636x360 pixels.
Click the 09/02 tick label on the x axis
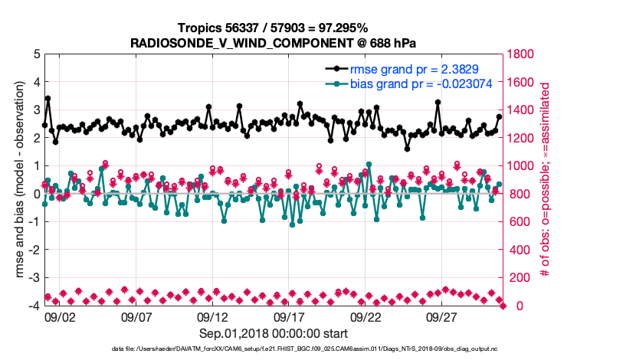(x=60, y=316)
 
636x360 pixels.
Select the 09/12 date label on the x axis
(x=213, y=316)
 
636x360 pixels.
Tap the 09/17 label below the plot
(x=290, y=316)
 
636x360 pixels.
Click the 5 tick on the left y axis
(x=34, y=54)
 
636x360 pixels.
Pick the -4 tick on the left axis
(x=32, y=306)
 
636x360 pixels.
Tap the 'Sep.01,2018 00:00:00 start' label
(x=274, y=333)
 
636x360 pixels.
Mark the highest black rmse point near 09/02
(x=48, y=98)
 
